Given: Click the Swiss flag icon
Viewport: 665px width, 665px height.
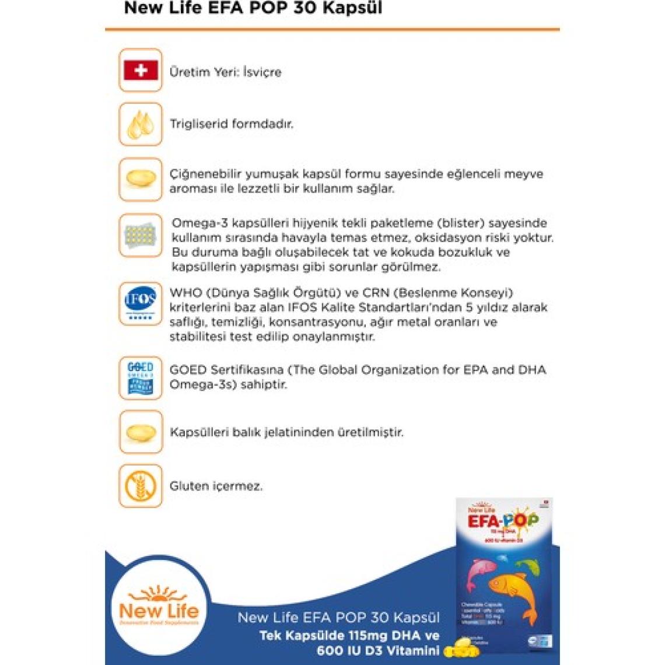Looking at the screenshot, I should [x=141, y=71].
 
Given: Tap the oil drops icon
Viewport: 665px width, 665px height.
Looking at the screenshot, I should [x=141, y=124].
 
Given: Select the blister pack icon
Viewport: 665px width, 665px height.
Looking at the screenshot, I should [x=141, y=236].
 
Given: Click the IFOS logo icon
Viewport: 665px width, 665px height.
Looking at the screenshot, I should [x=141, y=303].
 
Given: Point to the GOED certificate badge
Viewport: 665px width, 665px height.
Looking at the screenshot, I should [x=141, y=377].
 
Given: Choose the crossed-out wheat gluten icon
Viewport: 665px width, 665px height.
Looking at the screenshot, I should [x=141, y=486].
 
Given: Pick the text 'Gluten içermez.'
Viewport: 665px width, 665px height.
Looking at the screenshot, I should [x=216, y=486].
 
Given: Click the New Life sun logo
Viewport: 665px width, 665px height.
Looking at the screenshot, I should [x=159, y=607].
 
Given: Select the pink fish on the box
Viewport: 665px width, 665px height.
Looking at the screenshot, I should [x=482, y=569].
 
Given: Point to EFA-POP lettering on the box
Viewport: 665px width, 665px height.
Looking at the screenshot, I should [x=503, y=520].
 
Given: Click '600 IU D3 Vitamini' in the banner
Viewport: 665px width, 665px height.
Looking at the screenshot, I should [x=377, y=650].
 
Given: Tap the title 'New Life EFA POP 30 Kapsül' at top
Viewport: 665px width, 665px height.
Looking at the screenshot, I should [x=253, y=9].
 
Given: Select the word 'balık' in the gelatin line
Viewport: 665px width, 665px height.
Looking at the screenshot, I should [x=249, y=433].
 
